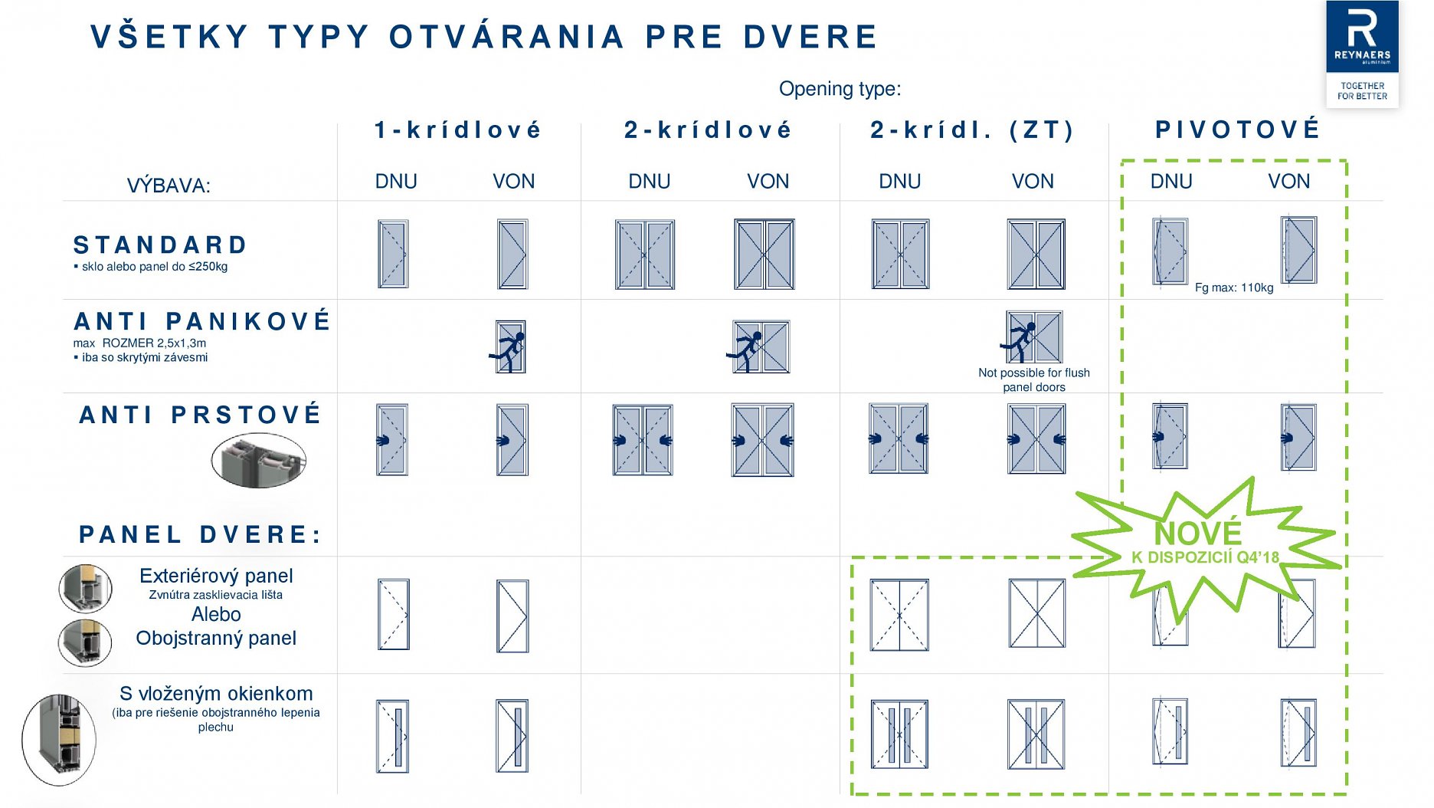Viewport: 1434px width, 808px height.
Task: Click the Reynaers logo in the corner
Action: (1362, 54)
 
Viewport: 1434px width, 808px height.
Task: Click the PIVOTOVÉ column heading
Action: (1238, 129)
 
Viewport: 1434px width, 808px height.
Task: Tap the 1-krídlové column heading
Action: (458, 130)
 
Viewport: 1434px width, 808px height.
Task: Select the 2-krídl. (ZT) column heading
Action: (972, 130)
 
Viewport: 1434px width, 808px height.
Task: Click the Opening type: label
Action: (840, 89)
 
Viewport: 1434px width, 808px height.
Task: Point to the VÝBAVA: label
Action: (169, 186)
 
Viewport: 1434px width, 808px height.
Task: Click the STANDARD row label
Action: (160, 245)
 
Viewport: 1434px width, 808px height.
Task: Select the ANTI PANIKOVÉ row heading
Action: (202, 320)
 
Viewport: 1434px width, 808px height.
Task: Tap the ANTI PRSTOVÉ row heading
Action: (200, 415)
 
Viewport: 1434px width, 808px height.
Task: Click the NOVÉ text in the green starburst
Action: (1198, 533)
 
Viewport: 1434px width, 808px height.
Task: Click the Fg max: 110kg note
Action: (1234, 287)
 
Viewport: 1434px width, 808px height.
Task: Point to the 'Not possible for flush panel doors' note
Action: (1034, 379)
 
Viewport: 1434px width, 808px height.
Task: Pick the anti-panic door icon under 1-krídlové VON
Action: (508, 347)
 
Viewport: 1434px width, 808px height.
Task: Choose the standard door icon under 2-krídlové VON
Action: (764, 254)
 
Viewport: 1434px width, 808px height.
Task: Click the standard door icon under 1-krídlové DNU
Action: (393, 254)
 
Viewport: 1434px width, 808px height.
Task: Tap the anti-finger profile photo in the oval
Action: (259, 460)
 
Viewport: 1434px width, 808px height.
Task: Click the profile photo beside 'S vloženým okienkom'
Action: (59, 740)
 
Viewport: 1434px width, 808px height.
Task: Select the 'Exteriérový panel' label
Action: (216, 576)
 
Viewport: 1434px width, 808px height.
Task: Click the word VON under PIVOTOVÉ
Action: (1289, 182)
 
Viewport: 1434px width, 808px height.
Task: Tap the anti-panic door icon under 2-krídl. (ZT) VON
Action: (1032, 337)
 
